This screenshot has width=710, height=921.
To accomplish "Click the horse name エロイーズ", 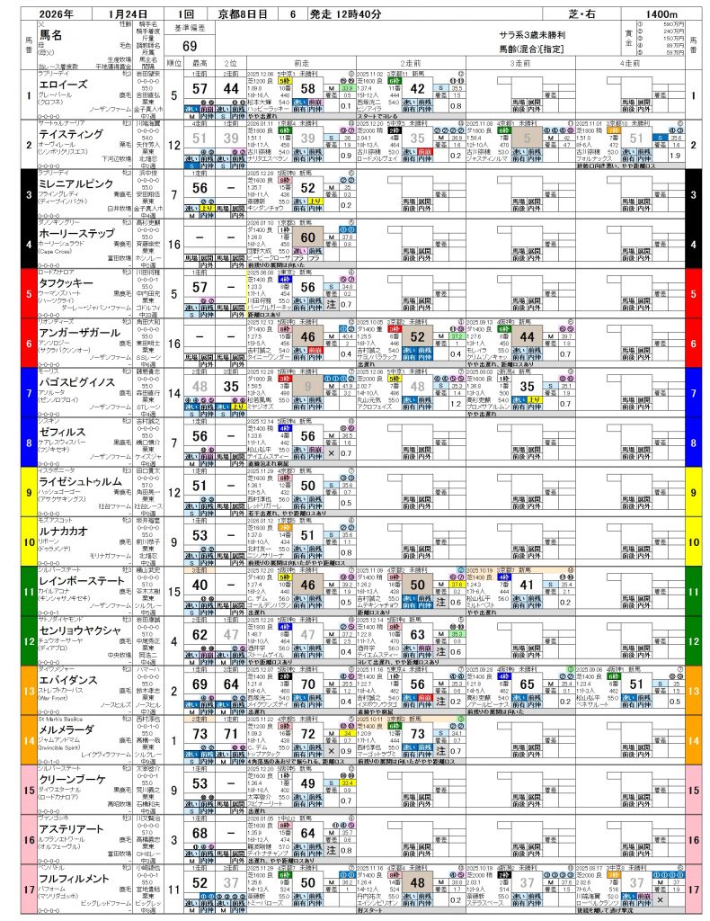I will click(x=62, y=82).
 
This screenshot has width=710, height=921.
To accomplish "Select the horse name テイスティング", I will click(x=70, y=132).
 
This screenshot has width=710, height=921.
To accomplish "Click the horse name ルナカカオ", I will click(x=62, y=531).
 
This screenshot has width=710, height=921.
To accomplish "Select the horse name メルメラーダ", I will click(x=68, y=729).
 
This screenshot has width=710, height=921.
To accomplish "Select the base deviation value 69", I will click(x=190, y=46).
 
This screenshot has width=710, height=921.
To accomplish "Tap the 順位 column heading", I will click(x=173, y=63).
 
